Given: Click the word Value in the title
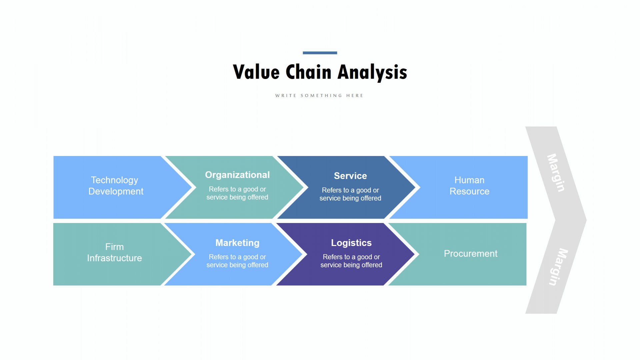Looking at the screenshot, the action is (x=256, y=72).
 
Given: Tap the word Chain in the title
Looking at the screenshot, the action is (x=309, y=72).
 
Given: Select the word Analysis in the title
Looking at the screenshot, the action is (x=372, y=72).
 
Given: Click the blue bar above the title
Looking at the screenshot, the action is (x=320, y=53).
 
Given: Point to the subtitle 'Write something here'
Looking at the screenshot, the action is (x=319, y=96).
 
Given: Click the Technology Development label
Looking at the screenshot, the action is (x=115, y=186).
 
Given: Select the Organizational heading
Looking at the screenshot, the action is (x=237, y=175).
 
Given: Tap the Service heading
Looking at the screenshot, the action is (x=350, y=176).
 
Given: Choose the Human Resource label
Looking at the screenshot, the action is (x=469, y=186).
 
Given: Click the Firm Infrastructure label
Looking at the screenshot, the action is (x=114, y=252).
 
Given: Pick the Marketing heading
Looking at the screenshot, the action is (x=237, y=243).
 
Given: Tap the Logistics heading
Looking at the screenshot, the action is (x=351, y=243).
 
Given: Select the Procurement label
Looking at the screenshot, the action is (x=471, y=254).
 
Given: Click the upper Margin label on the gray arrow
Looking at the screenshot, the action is (x=556, y=173).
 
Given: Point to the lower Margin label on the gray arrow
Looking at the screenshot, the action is (x=558, y=267).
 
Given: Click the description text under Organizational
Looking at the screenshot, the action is (x=237, y=193).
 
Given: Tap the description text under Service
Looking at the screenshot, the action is (x=350, y=194).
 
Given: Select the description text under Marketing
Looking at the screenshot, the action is (x=237, y=261).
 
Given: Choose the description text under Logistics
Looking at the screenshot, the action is (x=351, y=261).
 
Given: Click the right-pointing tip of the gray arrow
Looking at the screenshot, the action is (x=586, y=220).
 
